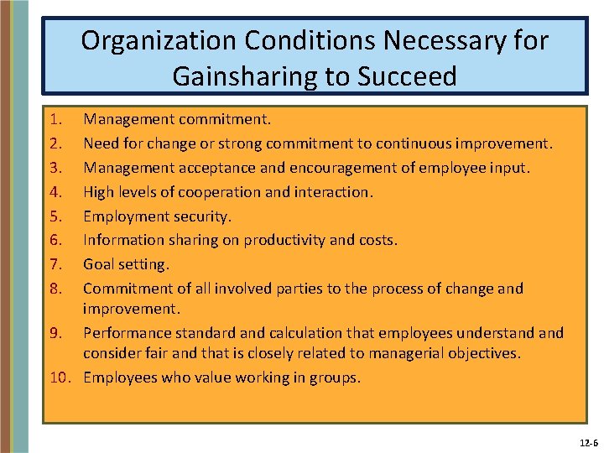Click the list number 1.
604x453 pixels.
click(54, 120)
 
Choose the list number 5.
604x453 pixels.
click(54, 216)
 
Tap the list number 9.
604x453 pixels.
click(54, 333)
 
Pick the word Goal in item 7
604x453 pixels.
click(99, 264)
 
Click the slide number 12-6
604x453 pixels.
click(588, 442)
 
